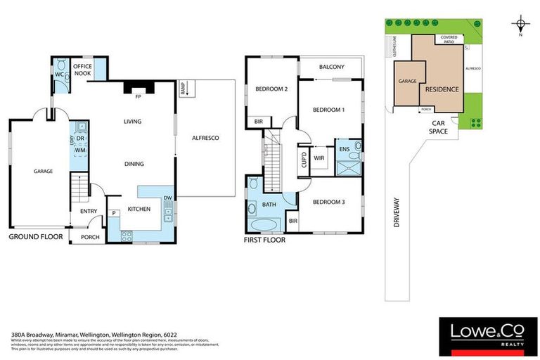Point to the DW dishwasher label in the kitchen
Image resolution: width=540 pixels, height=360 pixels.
168,198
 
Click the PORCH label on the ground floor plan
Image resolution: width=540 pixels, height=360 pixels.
90,237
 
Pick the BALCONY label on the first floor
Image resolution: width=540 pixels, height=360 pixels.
331,67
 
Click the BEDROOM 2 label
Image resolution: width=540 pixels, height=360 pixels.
271,89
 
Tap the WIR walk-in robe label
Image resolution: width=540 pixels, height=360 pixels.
319,157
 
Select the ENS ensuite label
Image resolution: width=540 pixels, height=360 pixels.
345,149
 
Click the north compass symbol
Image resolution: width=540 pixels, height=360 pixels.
520,23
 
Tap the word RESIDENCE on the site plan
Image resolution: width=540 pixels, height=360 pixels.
441,89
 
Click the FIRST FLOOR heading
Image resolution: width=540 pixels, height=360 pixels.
264,239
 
